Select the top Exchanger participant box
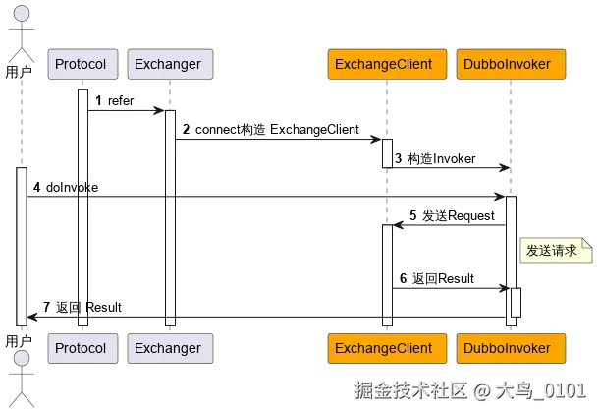pos(168,65)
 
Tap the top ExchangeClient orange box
pos(387,65)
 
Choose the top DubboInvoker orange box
pos(511,65)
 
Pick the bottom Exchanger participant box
pos(168,348)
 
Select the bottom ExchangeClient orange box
pos(387,348)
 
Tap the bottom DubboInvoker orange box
pos(511,348)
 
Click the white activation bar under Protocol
pos(83,207)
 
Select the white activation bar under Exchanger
pos(170,216)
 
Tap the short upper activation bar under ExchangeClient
pos(387,153)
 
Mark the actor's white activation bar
pos(22,246)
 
